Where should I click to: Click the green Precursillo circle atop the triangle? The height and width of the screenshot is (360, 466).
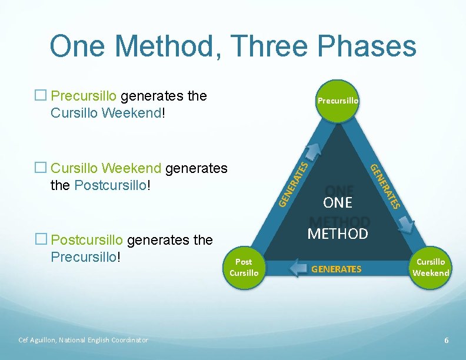coord(337,101)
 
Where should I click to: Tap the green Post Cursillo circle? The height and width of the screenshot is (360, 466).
coord(244,268)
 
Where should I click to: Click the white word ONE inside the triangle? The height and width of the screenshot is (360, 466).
coord(337,202)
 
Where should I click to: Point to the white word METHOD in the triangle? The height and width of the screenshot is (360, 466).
coord(337,234)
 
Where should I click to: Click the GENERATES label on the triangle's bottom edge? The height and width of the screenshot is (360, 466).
coord(336,269)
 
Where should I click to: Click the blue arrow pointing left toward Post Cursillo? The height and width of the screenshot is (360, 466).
coord(301,269)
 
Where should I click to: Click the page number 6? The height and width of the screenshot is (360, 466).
coord(447,341)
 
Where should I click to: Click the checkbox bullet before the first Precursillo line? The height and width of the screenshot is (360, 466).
coord(40,96)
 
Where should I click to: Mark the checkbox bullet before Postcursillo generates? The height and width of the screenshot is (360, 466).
coord(40,240)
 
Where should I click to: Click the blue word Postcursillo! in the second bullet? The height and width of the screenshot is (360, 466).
coord(112,185)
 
